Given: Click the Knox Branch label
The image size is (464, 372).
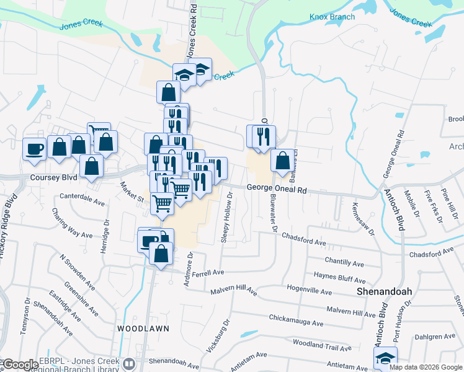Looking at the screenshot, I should tap(332, 17).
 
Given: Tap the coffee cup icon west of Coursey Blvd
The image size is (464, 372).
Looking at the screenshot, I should tap(34, 148).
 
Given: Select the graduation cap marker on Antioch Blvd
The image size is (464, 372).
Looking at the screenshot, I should tap(385, 358).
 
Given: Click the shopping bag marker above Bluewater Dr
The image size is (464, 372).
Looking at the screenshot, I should tap(282, 161).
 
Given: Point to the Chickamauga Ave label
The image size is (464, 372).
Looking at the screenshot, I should tap(297, 320).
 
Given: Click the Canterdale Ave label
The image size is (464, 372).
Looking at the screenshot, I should tap(83, 199).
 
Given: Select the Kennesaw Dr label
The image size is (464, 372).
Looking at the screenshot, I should tap(364, 219).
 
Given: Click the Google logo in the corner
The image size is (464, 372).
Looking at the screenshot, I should tap(20, 365).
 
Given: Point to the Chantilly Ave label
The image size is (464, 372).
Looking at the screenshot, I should tap(344, 263).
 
